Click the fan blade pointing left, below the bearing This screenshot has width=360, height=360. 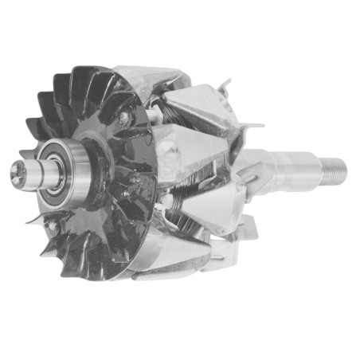point(37,218)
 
